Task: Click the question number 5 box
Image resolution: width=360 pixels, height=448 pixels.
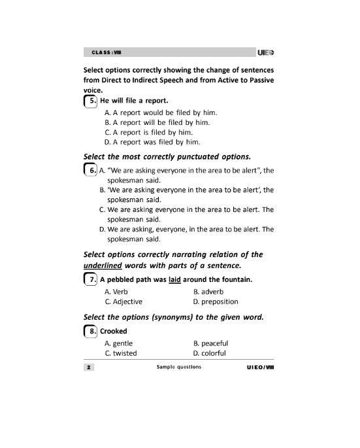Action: [92, 101]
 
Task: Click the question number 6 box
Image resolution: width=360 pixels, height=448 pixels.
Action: [92, 171]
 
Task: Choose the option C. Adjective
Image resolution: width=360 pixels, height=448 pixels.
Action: [123, 302]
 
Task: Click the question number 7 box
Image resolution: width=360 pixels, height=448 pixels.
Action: [92, 281]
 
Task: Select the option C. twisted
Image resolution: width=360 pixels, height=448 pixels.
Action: [120, 353]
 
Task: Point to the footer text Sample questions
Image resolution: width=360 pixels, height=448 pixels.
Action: [179, 367]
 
